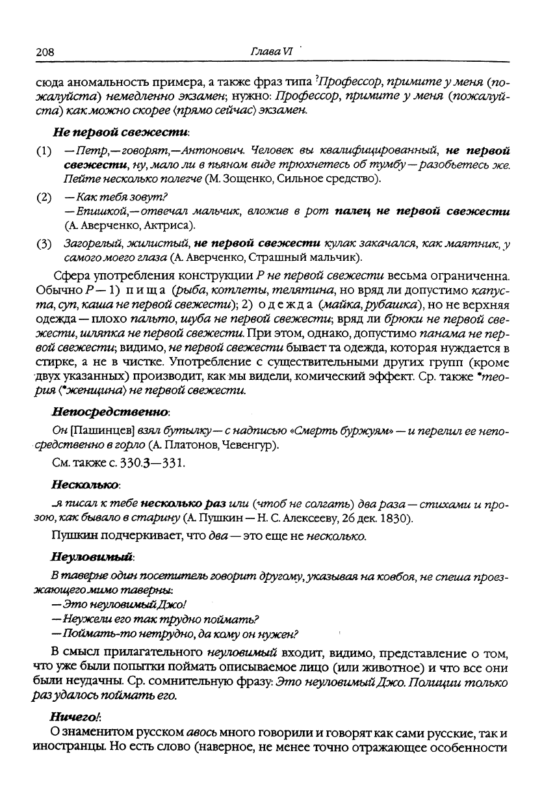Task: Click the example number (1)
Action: coord(44,152)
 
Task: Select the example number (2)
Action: coord(44,197)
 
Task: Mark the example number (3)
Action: coord(44,244)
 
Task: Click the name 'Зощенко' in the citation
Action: coord(248,179)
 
